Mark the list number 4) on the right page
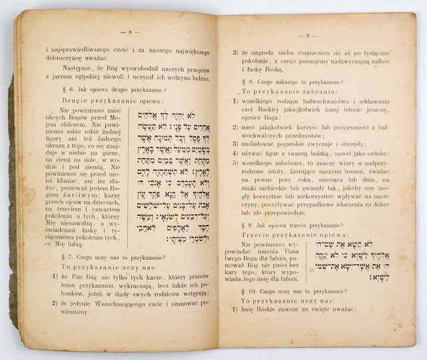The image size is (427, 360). tap(235, 152)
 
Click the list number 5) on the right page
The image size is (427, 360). tap(235, 163)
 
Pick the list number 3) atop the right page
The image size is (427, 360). tap(235, 52)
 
